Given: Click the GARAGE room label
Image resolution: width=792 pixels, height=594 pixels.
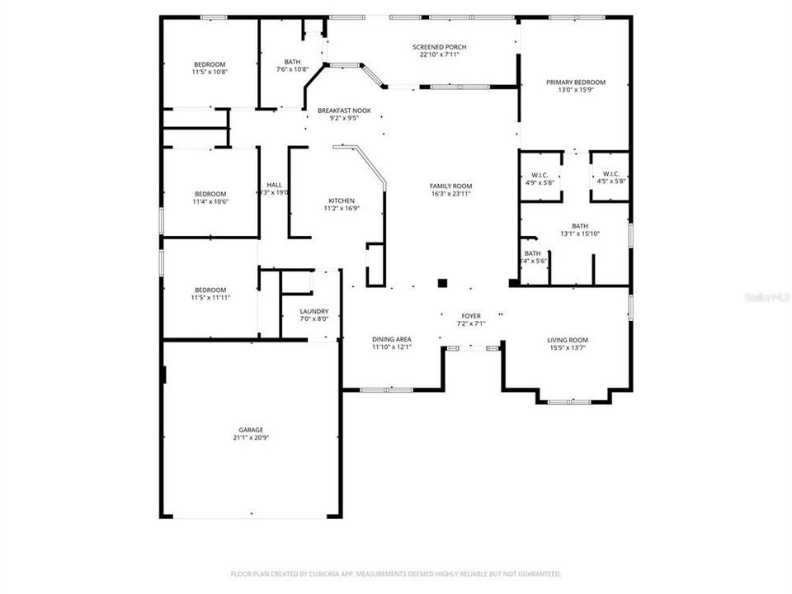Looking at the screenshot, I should click(251, 430).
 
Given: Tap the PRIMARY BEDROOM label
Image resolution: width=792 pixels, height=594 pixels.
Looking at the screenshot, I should click(575, 82).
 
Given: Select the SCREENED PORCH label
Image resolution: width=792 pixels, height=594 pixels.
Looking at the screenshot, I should click(439, 47).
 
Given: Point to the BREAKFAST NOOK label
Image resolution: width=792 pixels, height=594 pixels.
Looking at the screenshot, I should click(344, 111).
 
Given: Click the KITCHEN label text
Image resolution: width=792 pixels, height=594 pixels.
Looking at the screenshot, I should click(342, 201).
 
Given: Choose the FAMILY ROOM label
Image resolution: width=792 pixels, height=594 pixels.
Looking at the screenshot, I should click(450, 186).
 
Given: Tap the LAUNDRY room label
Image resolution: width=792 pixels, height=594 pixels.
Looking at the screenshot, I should click(313, 312).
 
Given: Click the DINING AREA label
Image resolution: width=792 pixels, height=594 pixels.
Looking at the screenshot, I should click(391, 339).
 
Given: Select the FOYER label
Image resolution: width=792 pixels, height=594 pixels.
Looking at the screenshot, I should click(471, 316).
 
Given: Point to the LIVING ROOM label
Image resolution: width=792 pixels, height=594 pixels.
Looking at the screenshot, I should click(568, 340).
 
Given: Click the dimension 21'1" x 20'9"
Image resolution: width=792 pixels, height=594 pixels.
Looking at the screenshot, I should click(251, 438).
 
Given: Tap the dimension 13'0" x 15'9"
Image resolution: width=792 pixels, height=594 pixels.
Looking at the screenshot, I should click(575, 90).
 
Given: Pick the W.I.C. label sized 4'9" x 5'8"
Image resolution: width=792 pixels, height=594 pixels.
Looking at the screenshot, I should click(540, 175).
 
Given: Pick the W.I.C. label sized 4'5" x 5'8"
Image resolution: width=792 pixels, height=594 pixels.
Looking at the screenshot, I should click(611, 175).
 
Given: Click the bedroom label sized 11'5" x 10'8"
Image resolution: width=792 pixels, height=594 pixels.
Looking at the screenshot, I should click(210, 64).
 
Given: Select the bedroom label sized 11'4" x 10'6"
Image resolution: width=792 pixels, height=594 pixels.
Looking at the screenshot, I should click(210, 194).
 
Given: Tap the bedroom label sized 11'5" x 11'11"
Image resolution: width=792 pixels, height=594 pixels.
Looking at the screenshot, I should click(210, 290).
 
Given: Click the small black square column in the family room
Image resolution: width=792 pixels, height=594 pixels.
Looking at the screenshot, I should click(442, 283).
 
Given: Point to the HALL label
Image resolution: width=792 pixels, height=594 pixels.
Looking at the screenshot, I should click(274, 185).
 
